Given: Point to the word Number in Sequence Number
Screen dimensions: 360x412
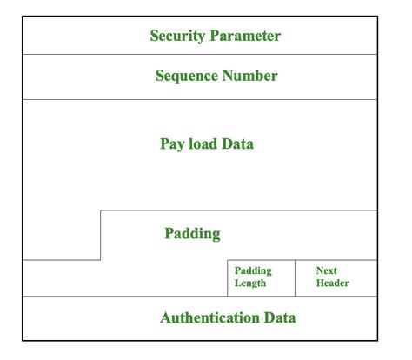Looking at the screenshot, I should point(250,77).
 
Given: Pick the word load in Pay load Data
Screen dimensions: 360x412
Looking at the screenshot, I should point(200,143).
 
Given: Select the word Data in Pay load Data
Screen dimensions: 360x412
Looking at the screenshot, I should point(236,143).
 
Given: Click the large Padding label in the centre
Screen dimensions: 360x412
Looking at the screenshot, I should point(192,234).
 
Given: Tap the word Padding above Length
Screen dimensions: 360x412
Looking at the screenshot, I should point(253,271).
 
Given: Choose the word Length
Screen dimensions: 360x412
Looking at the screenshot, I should point(250,283).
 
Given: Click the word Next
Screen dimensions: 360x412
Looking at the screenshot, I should point(327,271).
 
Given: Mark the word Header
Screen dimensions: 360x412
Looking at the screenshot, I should point(333,283).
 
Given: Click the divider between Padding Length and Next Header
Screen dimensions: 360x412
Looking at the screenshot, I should point(296,278).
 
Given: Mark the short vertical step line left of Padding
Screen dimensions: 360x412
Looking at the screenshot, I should point(101,235).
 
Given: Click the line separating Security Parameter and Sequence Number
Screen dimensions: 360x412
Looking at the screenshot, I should point(200,55).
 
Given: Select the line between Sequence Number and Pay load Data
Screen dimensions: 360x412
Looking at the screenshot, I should point(200,99).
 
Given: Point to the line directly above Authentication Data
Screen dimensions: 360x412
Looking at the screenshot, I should point(200,297).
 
